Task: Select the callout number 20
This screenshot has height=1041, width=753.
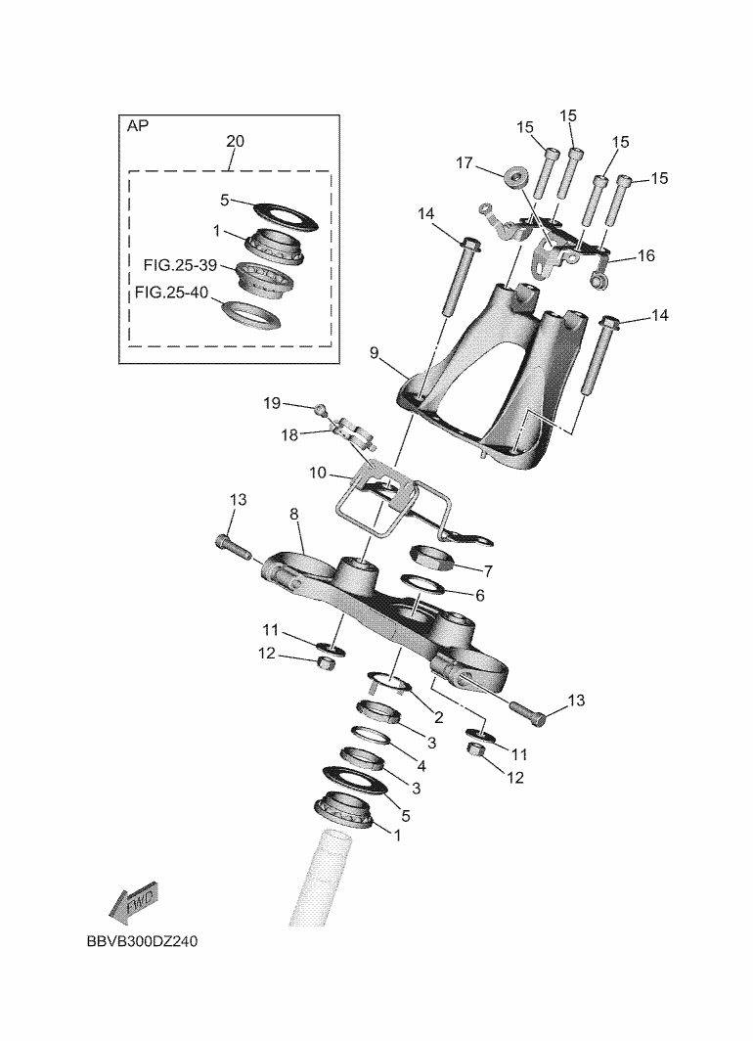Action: tap(235, 141)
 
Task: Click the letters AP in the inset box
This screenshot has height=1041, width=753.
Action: tap(138, 126)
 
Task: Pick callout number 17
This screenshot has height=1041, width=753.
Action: tap(465, 164)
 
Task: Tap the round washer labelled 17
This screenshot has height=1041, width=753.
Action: tap(512, 178)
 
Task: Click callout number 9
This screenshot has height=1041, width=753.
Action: tap(374, 352)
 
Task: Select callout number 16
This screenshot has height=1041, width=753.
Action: tap(645, 256)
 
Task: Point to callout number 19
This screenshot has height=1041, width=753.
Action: tap(272, 403)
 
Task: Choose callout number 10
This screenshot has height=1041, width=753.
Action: tap(318, 473)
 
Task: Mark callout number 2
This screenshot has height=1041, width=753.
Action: tap(438, 717)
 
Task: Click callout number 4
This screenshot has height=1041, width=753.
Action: tap(421, 766)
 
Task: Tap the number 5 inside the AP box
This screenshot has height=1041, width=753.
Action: tap(224, 201)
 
